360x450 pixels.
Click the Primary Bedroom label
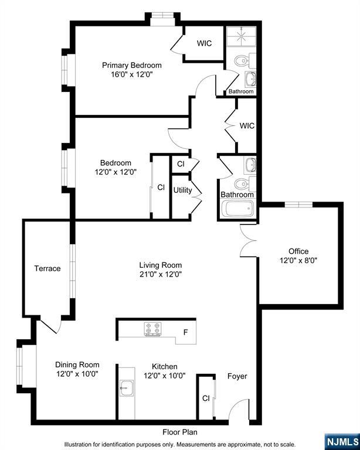coord(131,65)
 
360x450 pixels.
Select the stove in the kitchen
coord(153,330)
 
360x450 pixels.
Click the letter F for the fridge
coord(185,333)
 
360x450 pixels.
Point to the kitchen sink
coord(127,386)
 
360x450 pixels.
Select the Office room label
coord(298,251)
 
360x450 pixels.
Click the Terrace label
coord(47,268)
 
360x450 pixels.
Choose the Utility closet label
coord(182,190)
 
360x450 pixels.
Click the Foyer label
coord(237,376)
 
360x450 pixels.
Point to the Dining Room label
coord(77,364)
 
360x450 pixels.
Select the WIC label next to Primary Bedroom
coord(204,43)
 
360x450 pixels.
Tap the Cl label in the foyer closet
coord(206,398)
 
